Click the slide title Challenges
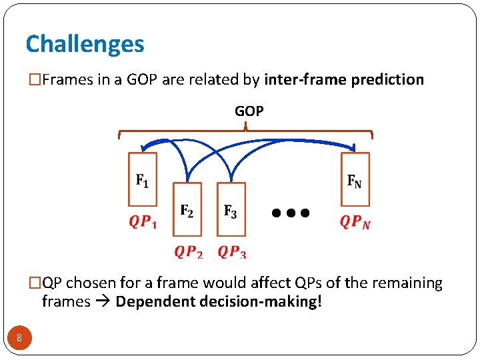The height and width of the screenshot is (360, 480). (x=85, y=44)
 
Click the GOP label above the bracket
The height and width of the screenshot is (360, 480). (x=249, y=111)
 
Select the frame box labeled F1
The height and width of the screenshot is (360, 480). (x=143, y=179)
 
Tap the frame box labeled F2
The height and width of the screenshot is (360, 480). (x=187, y=209)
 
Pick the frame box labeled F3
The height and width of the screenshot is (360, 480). (x=231, y=209)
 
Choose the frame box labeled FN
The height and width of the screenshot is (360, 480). (x=355, y=179)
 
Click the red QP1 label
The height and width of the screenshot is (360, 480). (x=143, y=221)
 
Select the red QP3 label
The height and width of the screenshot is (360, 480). (x=231, y=251)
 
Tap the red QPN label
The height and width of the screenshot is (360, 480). (x=355, y=221)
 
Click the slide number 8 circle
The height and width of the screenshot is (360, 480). (x=19, y=339)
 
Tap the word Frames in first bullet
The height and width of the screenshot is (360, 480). (x=64, y=80)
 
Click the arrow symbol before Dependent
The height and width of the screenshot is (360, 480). (x=103, y=302)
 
